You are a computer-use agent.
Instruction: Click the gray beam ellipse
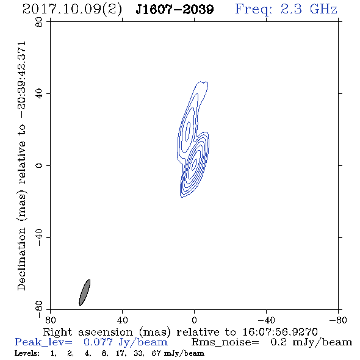(84, 292)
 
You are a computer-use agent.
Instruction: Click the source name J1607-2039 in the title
(175, 9)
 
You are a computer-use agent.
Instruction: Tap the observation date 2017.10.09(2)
(72, 10)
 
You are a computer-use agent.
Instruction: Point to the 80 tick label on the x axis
(50, 320)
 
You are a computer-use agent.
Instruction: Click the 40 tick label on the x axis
(122, 320)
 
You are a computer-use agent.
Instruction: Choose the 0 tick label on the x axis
(194, 320)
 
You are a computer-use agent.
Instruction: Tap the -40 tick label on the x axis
(266, 320)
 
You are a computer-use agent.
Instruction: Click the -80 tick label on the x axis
(338, 320)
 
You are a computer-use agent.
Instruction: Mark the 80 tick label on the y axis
(39, 22)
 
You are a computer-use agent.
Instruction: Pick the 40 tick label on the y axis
(39, 94)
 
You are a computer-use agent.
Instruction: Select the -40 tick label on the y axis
(39, 237)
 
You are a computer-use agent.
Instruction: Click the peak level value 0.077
(98, 342)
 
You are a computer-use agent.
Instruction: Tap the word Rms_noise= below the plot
(225, 342)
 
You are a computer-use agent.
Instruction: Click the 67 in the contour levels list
(156, 353)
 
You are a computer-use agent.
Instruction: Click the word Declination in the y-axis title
(21, 259)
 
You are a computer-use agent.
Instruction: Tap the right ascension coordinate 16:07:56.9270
(280, 332)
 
